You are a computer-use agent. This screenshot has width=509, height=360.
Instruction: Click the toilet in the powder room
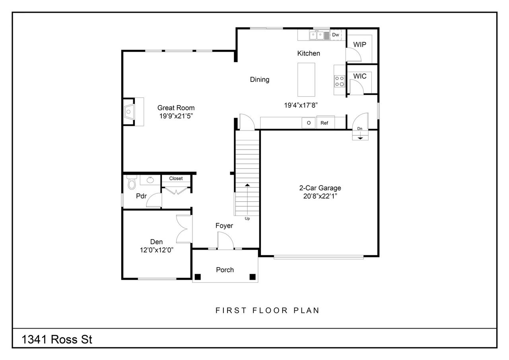pyautogui.click(x=131, y=183)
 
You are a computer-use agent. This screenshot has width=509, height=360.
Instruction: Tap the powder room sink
pyautogui.click(x=150, y=180)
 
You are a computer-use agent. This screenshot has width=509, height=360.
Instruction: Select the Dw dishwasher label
pyautogui.click(x=336, y=35)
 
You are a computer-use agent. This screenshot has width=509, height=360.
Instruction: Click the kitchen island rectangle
pyautogui.click(x=306, y=80)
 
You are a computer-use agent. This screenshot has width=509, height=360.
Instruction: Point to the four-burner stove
pyautogui.click(x=339, y=81)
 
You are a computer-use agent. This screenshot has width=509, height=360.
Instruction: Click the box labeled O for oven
pyautogui.click(x=309, y=123)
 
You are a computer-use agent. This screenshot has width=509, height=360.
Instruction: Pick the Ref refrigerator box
pyautogui.click(x=324, y=123)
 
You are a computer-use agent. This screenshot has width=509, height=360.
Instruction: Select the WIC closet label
pyautogui.click(x=359, y=76)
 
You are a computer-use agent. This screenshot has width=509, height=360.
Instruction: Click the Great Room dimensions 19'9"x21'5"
pyautogui.click(x=176, y=116)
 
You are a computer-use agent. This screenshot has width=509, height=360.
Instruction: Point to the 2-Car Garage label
pyautogui.click(x=320, y=188)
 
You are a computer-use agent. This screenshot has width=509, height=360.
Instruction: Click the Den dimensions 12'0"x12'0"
pyautogui.click(x=156, y=249)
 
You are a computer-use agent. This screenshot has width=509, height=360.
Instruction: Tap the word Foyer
pyautogui.click(x=224, y=226)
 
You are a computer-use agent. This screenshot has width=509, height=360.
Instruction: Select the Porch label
pyautogui.click(x=225, y=270)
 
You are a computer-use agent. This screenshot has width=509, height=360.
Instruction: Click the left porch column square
pyautogui.click(x=198, y=277)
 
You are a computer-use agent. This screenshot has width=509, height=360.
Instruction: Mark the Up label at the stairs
pyautogui.click(x=247, y=218)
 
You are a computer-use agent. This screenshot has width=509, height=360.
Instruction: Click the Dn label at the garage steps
pyautogui.click(x=359, y=128)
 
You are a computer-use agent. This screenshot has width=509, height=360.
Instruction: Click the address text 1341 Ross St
pyautogui.click(x=57, y=340)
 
